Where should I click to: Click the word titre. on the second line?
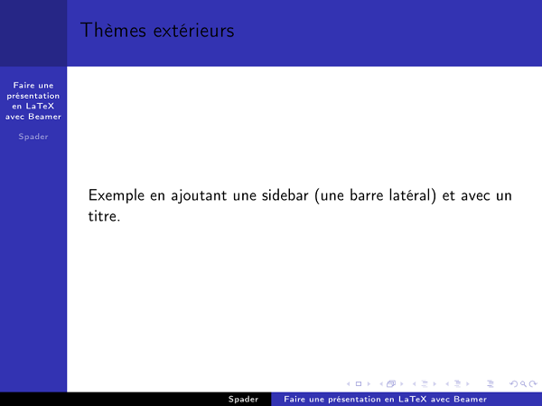tap(104, 218)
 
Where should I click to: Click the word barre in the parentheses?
tap(366, 196)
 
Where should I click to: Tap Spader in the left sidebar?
tap(33, 137)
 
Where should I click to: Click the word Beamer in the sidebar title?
tap(44, 116)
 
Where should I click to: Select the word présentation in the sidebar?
tap(33, 95)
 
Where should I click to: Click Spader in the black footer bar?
tap(243, 399)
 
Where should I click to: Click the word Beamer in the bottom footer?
tap(470, 399)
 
